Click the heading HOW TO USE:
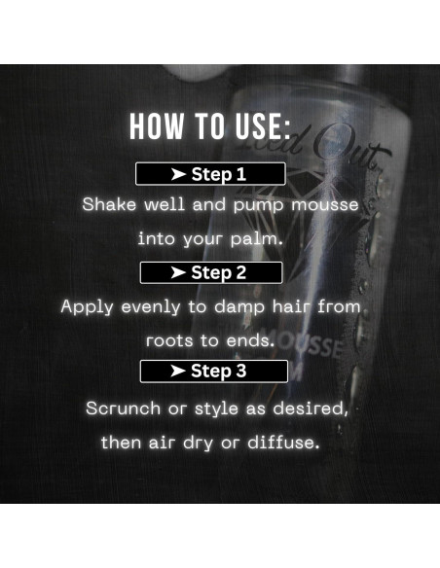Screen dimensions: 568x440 [210, 127]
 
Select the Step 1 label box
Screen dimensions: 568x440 [210, 175]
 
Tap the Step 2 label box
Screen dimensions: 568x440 [211, 272]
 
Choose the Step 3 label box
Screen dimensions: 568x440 [213, 371]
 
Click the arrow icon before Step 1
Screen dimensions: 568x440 [177, 175]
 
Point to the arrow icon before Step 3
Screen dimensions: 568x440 [178, 371]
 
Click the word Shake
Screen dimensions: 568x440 [107, 205]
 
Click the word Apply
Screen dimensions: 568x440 [86, 306]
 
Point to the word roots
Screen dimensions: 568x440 [172, 340]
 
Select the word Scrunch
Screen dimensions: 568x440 [123, 408]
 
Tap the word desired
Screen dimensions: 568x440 [311, 408]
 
